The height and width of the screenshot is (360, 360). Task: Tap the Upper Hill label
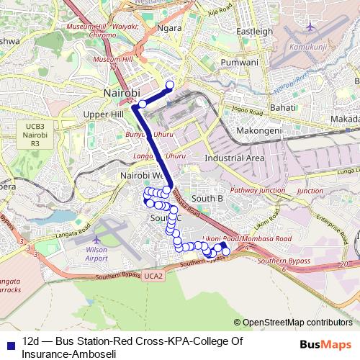(x=104, y=114)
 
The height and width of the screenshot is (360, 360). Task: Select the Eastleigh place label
(x=255, y=32)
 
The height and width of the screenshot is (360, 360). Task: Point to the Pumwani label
(x=240, y=63)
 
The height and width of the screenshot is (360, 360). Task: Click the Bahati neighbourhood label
(x=282, y=107)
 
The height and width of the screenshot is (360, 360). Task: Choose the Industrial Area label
(x=234, y=158)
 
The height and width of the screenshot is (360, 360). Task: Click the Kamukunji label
(x=308, y=47)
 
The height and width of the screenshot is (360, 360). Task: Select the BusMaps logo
(x=325, y=345)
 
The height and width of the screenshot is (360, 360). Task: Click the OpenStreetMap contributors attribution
(x=293, y=323)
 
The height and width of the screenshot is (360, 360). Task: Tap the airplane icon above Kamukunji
(x=310, y=27)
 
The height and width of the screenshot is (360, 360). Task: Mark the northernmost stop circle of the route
(x=170, y=85)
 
